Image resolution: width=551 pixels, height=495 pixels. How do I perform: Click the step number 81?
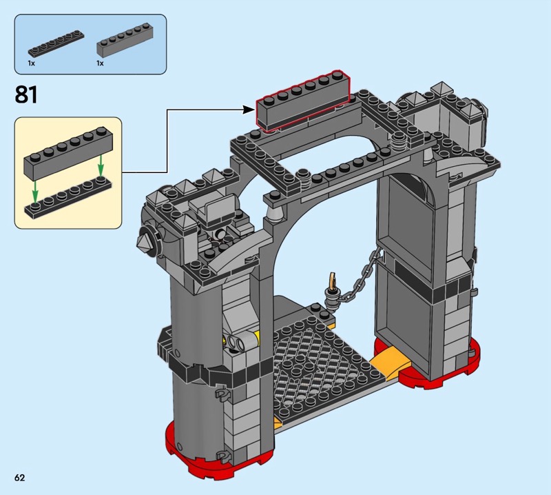[26, 94]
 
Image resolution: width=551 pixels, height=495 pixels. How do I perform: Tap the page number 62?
[20, 477]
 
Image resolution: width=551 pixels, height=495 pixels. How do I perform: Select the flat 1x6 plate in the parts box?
[56, 44]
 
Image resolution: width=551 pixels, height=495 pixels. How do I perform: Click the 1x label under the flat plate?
[31, 63]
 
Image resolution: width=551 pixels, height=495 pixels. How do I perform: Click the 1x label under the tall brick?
[100, 63]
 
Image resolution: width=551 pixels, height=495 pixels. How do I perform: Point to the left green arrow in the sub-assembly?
[35, 192]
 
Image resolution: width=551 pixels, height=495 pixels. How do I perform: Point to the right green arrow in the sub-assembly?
[101, 165]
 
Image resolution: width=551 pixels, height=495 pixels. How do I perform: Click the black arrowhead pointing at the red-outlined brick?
[249, 110]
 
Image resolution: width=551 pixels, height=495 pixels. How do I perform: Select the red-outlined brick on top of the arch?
[302, 101]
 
